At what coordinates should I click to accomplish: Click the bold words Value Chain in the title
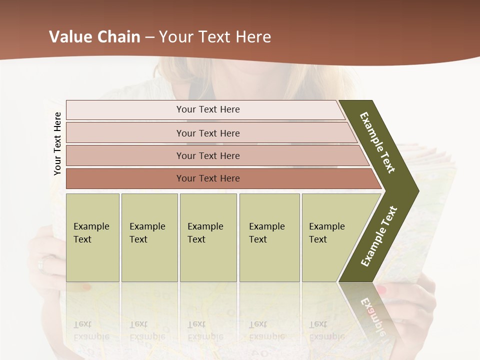tap(94, 37)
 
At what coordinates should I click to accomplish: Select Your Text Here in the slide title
tap(215, 37)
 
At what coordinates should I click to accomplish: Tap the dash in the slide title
tap(149, 37)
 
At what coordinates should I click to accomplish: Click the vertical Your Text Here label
tap(57, 143)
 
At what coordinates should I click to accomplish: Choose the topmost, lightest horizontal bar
tap(208, 109)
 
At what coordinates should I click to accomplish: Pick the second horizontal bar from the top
tap(208, 133)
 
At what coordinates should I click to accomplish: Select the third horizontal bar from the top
tap(208, 155)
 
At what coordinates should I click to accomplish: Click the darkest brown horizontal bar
tap(208, 178)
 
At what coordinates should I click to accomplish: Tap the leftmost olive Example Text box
tap(92, 237)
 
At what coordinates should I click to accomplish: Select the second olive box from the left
tap(149, 237)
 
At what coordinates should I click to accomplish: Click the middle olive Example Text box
tap(208, 237)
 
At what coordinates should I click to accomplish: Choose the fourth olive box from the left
tap(269, 237)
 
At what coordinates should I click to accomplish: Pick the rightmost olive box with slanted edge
tap(330, 237)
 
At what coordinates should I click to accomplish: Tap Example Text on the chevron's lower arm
tap(379, 236)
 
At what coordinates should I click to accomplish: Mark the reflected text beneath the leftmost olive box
tap(91, 330)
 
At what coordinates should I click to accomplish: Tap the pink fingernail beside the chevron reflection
tap(382, 289)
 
